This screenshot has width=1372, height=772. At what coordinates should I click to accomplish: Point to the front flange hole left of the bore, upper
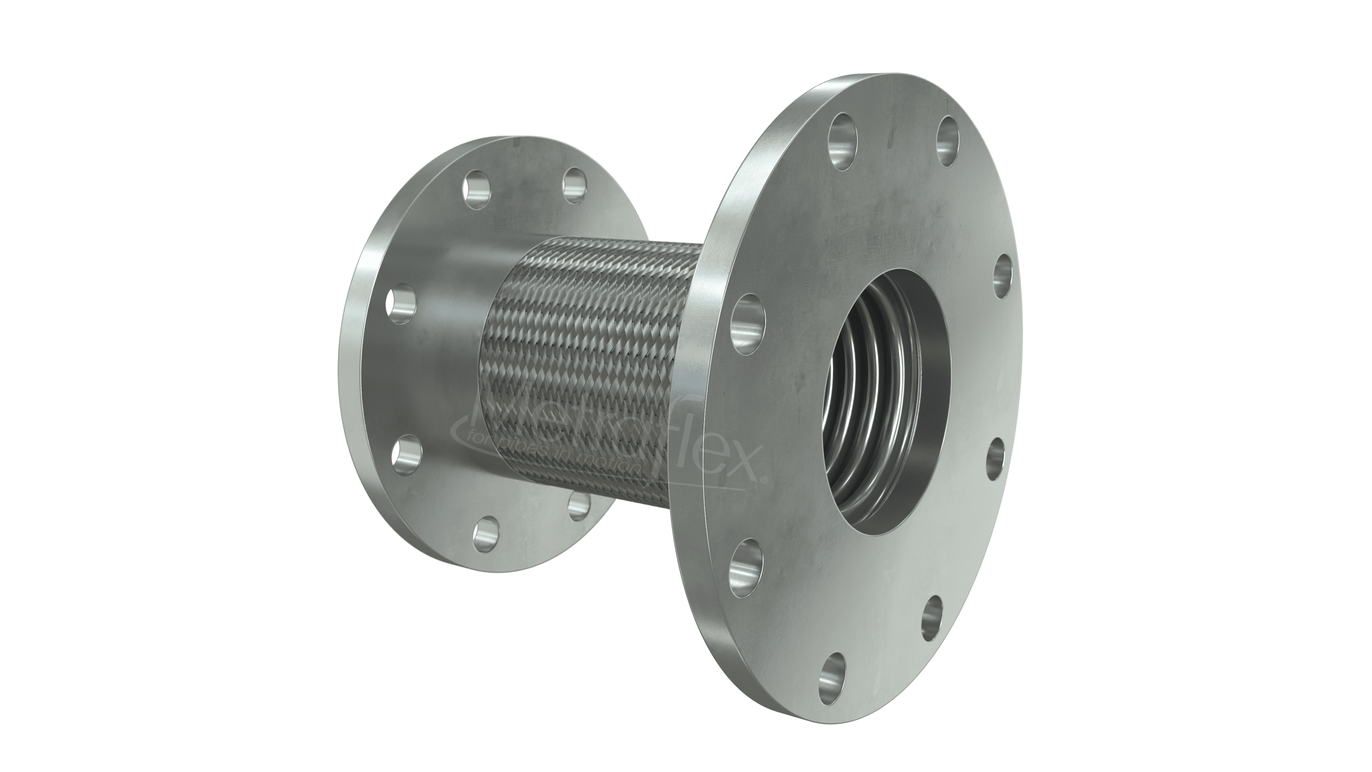point(749,323)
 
